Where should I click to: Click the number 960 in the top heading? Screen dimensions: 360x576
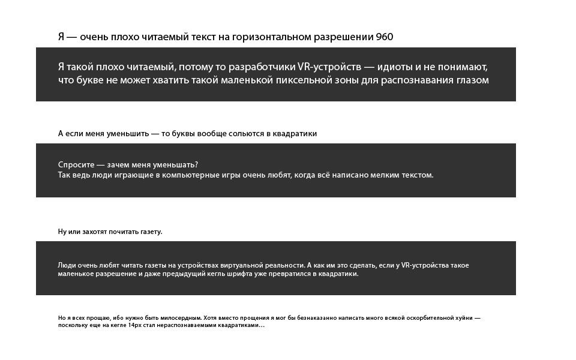(385, 37)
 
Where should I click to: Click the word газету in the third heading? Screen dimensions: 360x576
(150, 232)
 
